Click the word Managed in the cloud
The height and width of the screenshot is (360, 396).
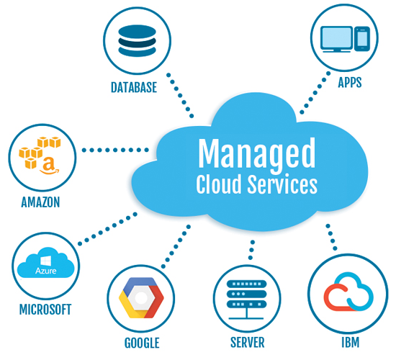256,153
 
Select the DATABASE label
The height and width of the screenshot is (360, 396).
133,88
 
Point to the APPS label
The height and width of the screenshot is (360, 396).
349,83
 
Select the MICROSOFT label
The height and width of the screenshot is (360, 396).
45,310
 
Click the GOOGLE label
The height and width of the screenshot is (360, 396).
141,343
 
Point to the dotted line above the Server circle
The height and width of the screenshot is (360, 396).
251,251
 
